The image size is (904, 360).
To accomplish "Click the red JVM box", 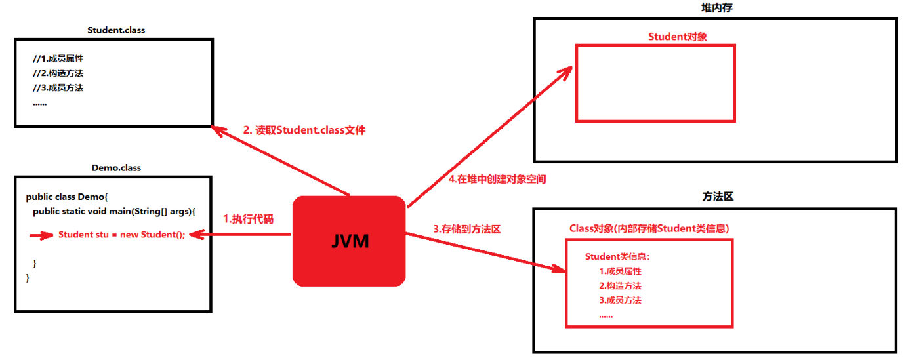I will pos(348,241).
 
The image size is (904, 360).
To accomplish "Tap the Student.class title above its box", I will pos(116,30).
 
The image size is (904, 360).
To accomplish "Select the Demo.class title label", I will pos(116,167).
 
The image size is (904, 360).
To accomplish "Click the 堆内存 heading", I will pos(716,7).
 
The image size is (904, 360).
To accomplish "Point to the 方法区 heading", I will pos(716,197).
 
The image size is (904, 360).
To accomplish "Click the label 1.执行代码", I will pos(248,219).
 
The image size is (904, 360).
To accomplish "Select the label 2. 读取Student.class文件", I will pos(304,130).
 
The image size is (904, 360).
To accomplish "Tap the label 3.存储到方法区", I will pos(466,229).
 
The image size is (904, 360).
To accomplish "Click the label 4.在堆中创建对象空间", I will pos(497,178).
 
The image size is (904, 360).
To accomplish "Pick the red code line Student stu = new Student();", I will pos(122,235).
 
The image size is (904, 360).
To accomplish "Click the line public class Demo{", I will pos(71,197).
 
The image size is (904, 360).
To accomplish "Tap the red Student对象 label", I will pos(677,37).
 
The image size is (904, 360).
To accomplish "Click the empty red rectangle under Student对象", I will pos(655,83).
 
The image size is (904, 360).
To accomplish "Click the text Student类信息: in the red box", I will pos(617,256).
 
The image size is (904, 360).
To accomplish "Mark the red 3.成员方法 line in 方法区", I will pos(619,300).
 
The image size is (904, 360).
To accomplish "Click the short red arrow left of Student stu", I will pos(41,235).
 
